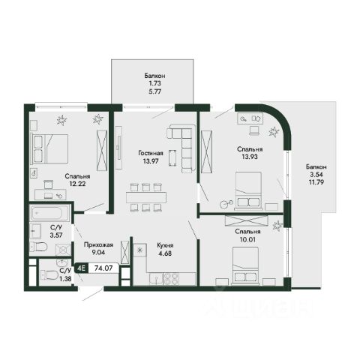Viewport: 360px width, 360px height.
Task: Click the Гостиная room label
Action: click(x=151, y=153)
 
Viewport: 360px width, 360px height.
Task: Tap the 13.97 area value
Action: click(x=151, y=161)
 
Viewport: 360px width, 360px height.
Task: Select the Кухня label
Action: click(x=165, y=245)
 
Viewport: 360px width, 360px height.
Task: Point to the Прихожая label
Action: click(x=98, y=244)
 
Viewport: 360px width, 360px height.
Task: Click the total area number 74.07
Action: click(x=103, y=268)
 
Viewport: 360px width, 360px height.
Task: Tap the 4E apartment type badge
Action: click(x=82, y=268)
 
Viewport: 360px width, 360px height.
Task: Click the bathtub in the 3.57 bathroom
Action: click(x=49, y=213)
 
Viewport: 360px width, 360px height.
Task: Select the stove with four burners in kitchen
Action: click(x=171, y=278)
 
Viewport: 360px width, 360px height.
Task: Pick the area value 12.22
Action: click(x=77, y=184)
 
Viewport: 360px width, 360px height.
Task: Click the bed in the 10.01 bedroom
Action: click(x=245, y=265)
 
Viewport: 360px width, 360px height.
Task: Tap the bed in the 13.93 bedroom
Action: click(x=248, y=190)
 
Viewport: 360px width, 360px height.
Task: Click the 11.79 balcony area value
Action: click(x=316, y=182)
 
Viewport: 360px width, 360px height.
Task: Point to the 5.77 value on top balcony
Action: click(x=155, y=91)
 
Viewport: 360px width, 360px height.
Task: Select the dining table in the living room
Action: click(x=146, y=197)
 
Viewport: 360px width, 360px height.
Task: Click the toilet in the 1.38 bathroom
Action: click(x=49, y=275)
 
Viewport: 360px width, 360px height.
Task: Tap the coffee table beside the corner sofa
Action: click(x=172, y=157)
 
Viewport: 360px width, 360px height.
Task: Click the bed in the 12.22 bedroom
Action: click(x=49, y=149)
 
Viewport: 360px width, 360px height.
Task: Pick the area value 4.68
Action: click(x=165, y=253)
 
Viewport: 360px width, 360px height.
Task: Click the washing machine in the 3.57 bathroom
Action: click(x=63, y=249)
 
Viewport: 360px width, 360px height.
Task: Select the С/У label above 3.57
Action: click(x=56, y=227)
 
